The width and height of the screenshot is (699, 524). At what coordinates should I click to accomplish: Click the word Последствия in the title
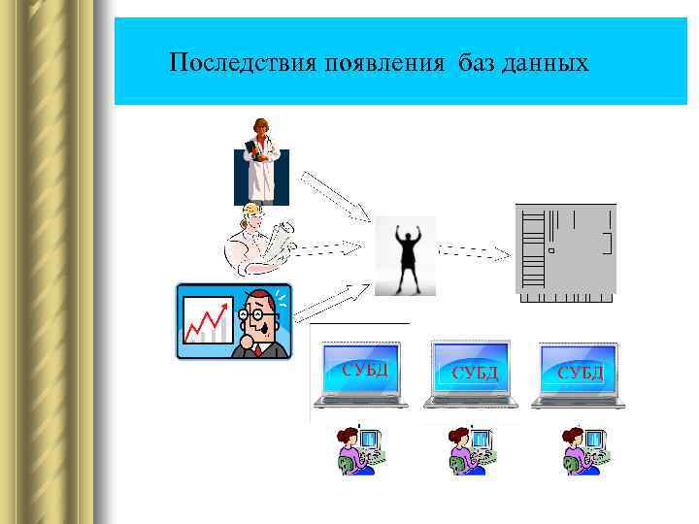click(231, 64)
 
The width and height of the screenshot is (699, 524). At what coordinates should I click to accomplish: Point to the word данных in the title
click(544, 64)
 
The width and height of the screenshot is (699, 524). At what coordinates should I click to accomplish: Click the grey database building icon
click(565, 251)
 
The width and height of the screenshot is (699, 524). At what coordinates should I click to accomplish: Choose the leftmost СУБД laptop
click(360, 376)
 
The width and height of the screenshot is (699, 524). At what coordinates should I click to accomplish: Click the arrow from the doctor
click(333, 195)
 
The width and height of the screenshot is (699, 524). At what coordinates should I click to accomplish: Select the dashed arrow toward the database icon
click(474, 252)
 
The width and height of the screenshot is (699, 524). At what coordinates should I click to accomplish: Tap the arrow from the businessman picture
click(331, 301)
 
